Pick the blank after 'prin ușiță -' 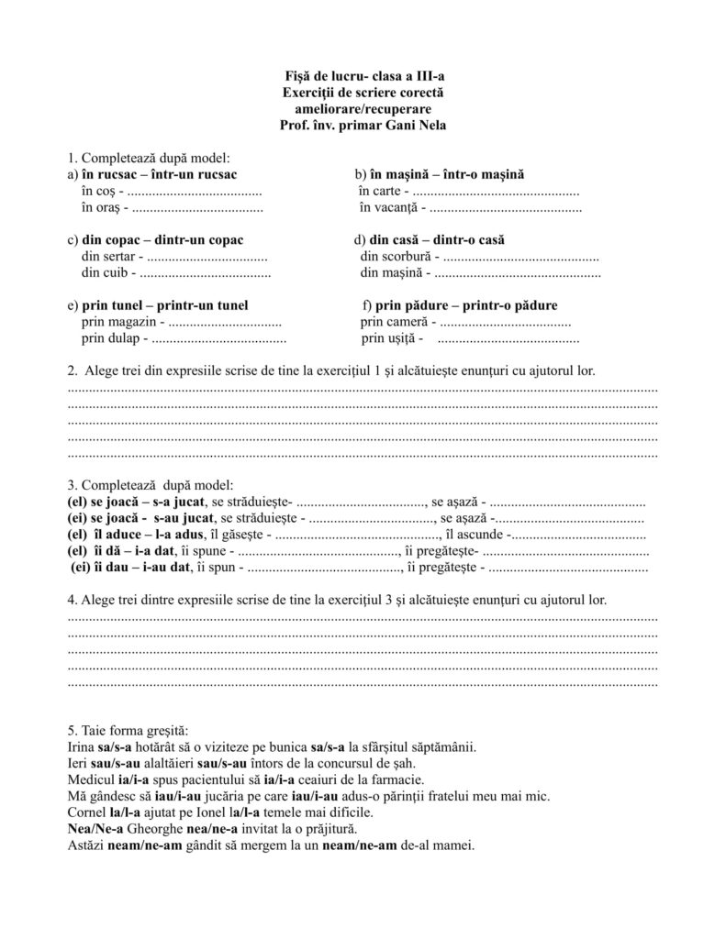tap(508, 339)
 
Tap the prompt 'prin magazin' tap(118, 322)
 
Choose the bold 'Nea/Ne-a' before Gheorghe tap(92, 829)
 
